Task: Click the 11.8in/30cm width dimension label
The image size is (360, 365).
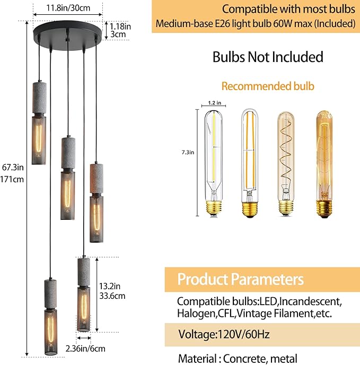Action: click(x=68, y=8)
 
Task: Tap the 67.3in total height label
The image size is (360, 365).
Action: click(x=13, y=167)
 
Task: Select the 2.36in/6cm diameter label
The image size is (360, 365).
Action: click(x=85, y=349)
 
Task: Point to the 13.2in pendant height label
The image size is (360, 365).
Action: click(x=110, y=286)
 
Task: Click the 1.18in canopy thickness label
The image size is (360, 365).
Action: click(x=120, y=26)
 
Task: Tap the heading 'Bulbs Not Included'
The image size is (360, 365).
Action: click(x=268, y=57)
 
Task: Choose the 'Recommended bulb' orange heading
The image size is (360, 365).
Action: click(x=268, y=86)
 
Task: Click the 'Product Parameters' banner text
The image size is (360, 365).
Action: click(x=241, y=279)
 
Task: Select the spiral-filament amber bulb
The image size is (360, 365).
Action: click(x=286, y=164)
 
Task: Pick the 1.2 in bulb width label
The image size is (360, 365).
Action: click(x=214, y=103)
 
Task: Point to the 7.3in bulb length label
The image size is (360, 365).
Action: click(x=188, y=153)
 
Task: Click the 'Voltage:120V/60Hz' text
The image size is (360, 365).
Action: click(x=224, y=334)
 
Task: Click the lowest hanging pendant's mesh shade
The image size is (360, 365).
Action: click(x=51, y=332)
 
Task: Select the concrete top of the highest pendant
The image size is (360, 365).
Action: click(x=39, y=97)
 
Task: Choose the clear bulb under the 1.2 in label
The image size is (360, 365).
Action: click(x=214, y=163)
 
